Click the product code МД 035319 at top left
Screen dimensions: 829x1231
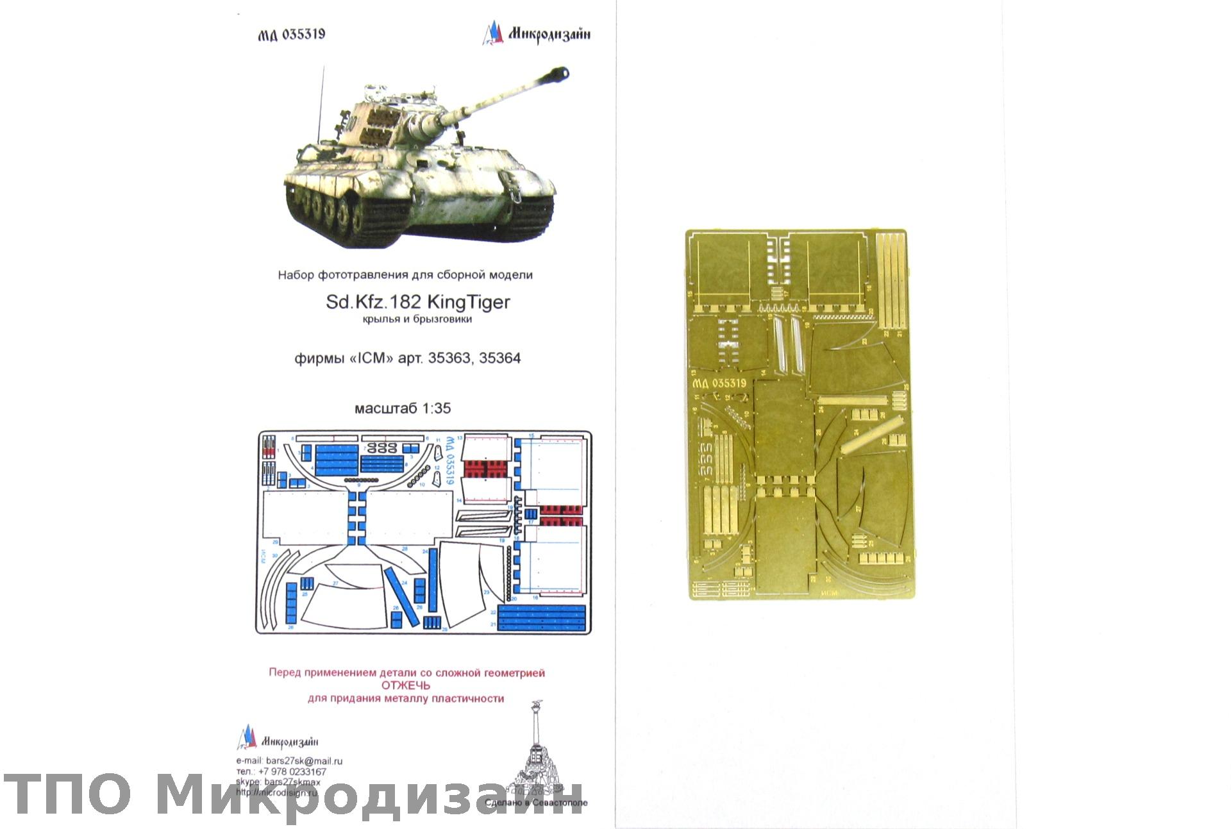tap(292, 35)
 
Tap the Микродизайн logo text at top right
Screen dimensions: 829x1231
tap(549, 35)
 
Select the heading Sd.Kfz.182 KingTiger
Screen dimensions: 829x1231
tap(417, 301)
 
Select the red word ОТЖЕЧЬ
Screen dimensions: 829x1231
tap(406, 685)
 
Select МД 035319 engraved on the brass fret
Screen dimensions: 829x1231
tap(719, 383)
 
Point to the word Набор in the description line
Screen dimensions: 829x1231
tap(296, 275)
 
